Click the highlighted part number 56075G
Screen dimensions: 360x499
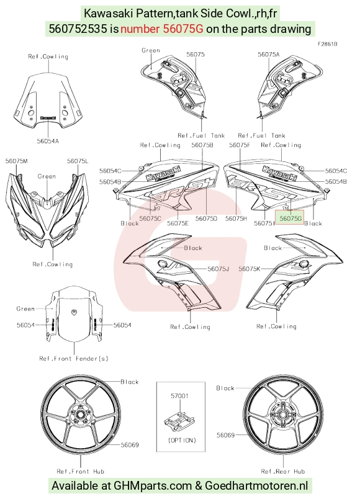tap(290, 218)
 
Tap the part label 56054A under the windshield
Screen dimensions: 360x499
tap(48, 141)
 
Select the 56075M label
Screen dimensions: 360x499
tap(17, 161)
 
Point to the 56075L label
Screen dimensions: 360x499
tap(78, 161)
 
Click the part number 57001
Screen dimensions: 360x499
tap(179, 395)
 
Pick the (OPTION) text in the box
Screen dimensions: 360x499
tap(182, 440)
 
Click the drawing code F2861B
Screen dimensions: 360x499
tap(327, 44)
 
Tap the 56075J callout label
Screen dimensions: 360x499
tap(218, 269)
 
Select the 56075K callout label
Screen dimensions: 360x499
tap(250, 269)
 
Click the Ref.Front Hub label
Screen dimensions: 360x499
tap(81, 471)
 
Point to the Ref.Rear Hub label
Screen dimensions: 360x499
tap(283, 471)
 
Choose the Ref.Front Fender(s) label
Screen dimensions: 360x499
tap(74, 359)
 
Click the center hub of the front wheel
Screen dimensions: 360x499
tap(79, 414)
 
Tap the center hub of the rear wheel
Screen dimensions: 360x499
tap(282, 415)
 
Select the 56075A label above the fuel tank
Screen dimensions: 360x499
tap(269, 55)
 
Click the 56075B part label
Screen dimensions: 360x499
tap(202, 145)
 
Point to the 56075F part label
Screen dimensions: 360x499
tap(240, 145)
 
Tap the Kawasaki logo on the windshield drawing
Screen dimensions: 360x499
tap(48, 118)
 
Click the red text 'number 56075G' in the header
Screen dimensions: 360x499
tap(162, 29)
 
